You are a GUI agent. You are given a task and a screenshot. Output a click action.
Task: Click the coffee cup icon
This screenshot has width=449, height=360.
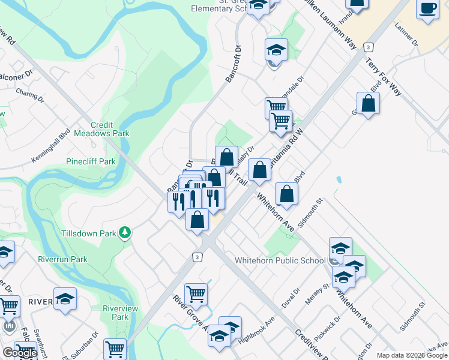click(427, 9)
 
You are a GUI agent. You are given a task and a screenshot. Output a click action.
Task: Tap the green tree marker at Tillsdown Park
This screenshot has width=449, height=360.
click(125, 232)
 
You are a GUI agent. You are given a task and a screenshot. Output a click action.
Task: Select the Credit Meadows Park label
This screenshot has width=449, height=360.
click(94, 129)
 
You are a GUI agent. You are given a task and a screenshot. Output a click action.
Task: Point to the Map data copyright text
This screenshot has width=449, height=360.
click(411, 355)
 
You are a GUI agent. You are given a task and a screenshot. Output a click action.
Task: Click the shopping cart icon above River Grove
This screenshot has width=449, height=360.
click(196, 294)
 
